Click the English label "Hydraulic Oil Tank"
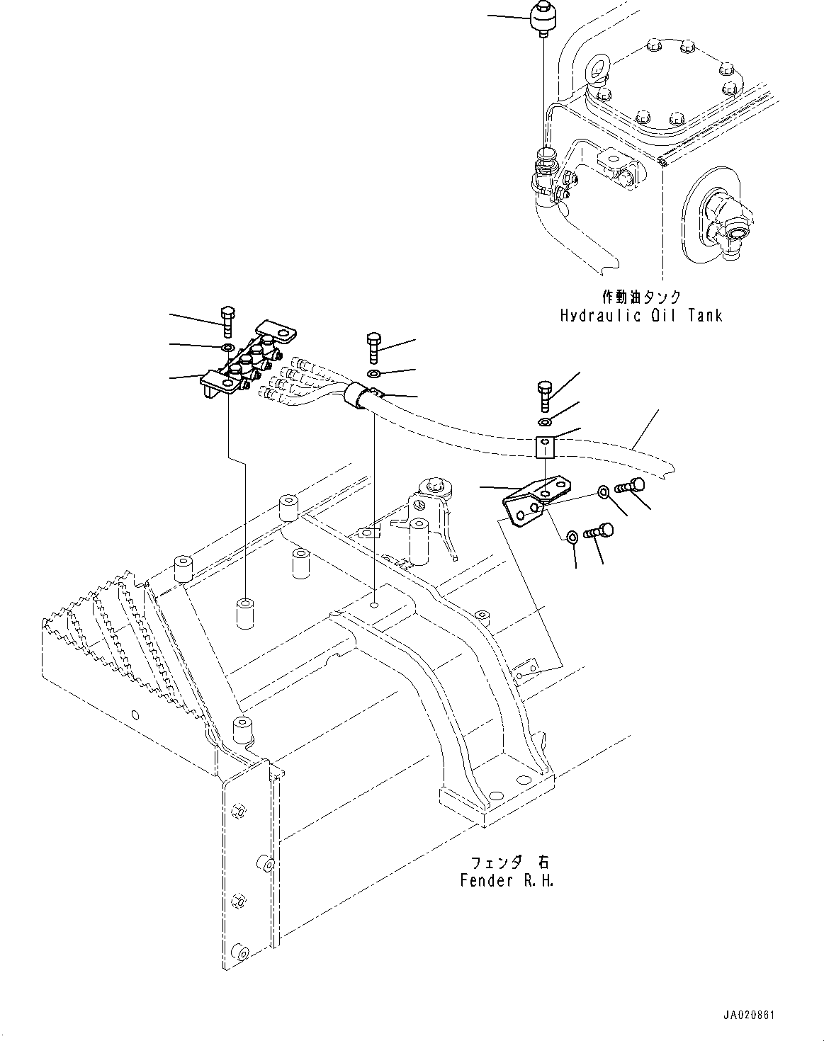pyautogui.click(x=641, y=314)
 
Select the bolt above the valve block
pyautogui.click(x=227, y=322)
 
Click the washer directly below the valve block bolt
pyautogui.click(x=227, y=347)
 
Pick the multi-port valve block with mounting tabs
pyautogui.click(x=244, y=361)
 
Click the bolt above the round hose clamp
pyautogui.click(x=374, y=346)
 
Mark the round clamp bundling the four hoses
pyautogui.click(x=359, y=394)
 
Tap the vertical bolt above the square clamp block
pyautogui.click(x=544, y=395)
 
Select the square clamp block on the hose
pyautogui.click(x=544, y=446)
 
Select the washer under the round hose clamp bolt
pyautogui.click(x=374, y=373)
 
